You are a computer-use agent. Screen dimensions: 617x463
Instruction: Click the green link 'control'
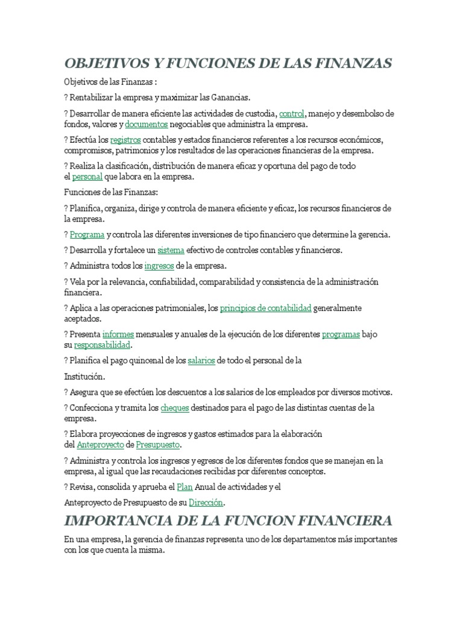(292, 113)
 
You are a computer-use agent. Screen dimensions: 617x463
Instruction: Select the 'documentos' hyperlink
(146, 124)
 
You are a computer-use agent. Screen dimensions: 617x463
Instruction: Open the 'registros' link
(125, 140)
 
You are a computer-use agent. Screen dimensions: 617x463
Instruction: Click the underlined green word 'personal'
(87, 177)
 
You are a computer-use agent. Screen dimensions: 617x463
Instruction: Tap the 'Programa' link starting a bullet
(87, 234)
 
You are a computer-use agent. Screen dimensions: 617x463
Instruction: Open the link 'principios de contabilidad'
(265, 308)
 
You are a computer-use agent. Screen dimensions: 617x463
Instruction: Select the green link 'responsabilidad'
(102, 345)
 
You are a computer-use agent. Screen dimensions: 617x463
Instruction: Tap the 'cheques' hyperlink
(175, 408)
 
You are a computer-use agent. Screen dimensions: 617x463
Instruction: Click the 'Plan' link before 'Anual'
(184, 486)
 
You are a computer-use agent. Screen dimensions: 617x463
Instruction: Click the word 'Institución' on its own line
(84, 377)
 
